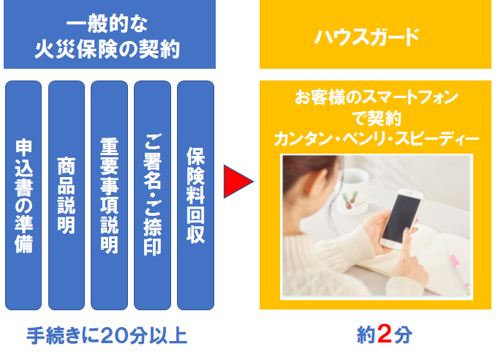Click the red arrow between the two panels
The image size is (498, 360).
[x=237, y=181]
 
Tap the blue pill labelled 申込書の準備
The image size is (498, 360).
[x=23, y=195]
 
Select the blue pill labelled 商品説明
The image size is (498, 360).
[x=67, y=195]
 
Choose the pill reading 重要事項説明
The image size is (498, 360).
[x=109, y=195]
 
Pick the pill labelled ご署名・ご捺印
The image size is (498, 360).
[x=152, y=195]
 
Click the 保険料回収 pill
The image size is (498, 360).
[x=196, y=195]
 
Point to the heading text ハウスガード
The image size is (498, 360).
[x=367, y=37]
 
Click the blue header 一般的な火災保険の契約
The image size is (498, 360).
[x=110, y=34]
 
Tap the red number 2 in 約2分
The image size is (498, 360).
[x=385, y=334]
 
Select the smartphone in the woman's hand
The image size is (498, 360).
[x=401, y=219]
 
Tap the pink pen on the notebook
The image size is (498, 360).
[x=459, y=270]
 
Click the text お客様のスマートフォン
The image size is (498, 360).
[x=377, y=97]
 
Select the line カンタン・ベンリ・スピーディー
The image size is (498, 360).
[x=377, y=139]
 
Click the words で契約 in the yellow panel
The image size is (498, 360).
[x=377, y=119]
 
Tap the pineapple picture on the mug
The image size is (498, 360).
[x=350, y=200]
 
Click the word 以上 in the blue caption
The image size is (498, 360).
[x=168, y=336]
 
